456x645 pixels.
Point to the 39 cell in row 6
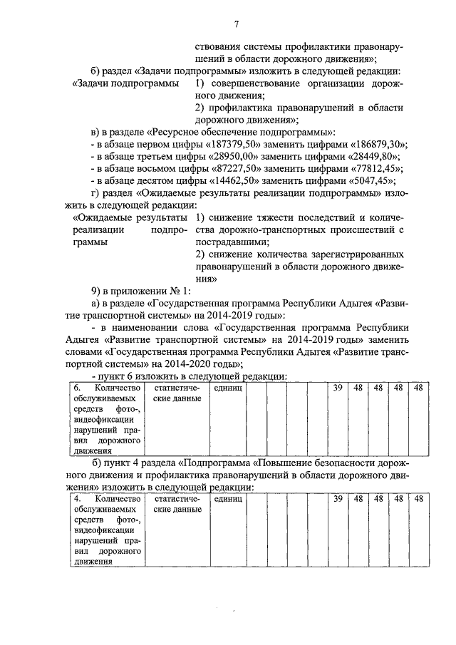(338, 388)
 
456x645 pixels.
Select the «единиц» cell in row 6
(228, 388)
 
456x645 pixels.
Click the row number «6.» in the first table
(78, 388)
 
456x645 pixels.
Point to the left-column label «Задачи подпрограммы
(125, 84)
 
